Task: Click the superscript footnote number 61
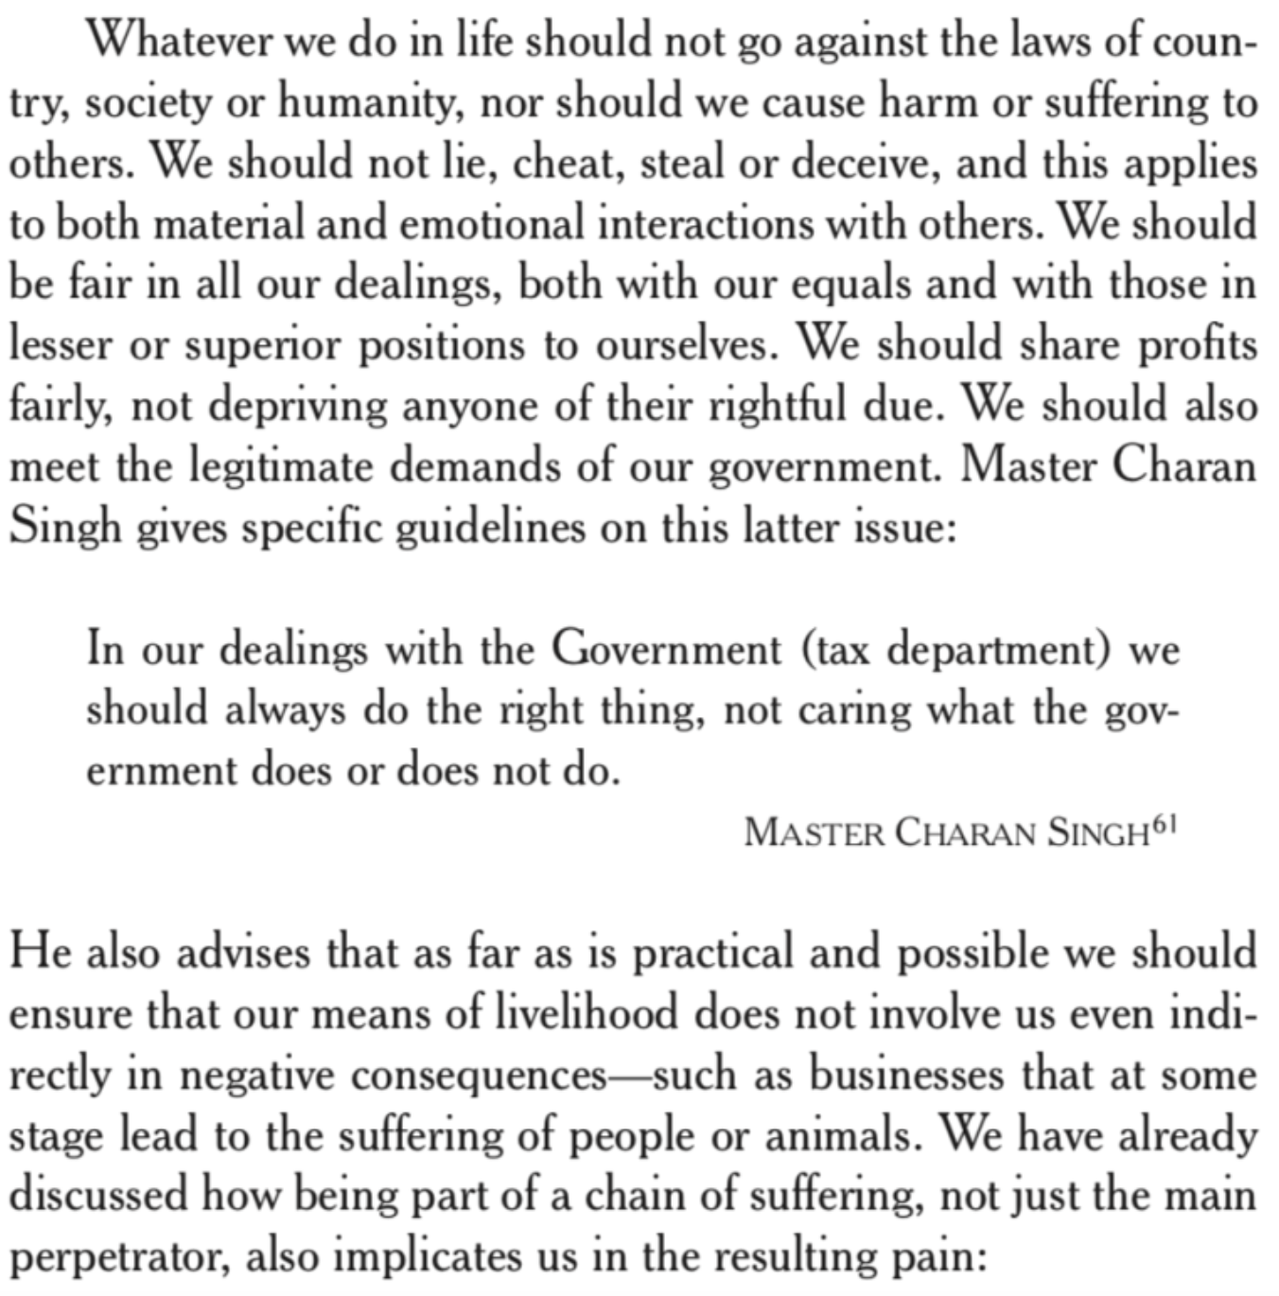(1165, 826)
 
